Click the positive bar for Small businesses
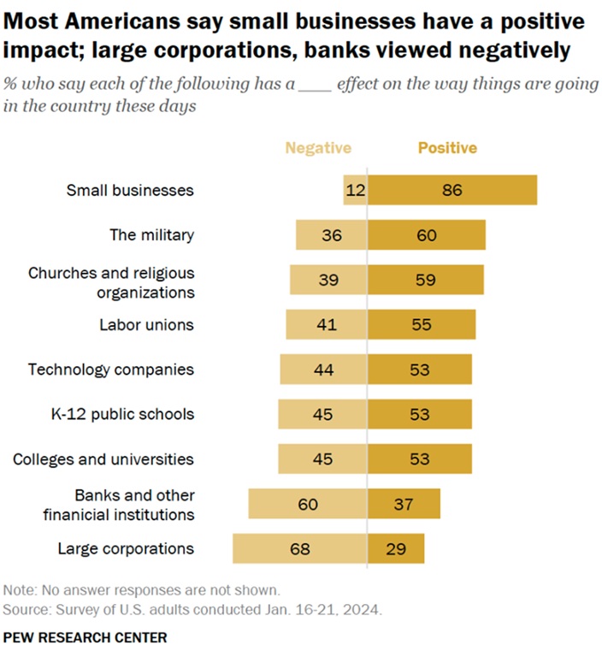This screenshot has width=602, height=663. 452,190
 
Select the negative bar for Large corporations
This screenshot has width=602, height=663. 300,548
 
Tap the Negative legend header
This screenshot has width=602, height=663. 318,148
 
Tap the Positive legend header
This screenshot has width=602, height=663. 447,148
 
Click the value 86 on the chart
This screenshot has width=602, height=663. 452,190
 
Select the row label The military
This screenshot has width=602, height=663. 151,234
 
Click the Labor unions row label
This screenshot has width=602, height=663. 146,324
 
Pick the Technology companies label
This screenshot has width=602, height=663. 111,370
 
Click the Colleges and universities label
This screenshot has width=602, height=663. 103,459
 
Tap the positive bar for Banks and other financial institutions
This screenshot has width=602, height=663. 404,504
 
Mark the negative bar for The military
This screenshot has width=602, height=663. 332,234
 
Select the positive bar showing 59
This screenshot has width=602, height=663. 426,280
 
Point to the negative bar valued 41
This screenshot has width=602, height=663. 327,324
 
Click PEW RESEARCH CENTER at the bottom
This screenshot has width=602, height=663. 86,637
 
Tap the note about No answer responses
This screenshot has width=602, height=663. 141,590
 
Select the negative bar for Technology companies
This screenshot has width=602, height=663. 323,370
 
